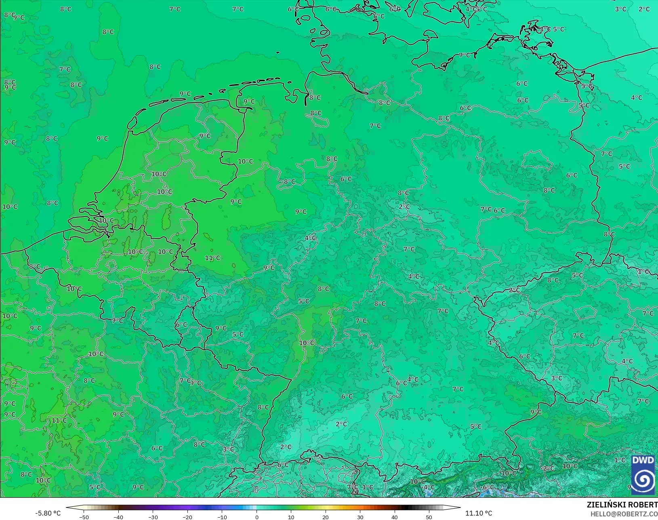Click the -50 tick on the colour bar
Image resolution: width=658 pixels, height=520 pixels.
pos(84,517)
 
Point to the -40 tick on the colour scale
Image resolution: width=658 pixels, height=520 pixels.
pos(118,517)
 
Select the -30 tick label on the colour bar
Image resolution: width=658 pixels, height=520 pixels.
pos(153,517)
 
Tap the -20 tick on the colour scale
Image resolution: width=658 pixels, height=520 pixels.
pos(187,517)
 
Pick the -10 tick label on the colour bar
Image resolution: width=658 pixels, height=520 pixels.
pos(222,517)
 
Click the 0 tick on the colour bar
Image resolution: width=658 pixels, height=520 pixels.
pos(256,517)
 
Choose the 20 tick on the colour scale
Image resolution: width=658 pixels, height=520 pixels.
pos(326,517)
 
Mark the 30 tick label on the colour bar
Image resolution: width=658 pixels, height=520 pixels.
pos(360,517)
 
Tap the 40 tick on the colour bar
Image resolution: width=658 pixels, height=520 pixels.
pos(395,517)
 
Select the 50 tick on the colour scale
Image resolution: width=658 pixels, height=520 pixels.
pos(429,517)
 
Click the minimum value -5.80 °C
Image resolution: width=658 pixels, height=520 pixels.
pos(48,513)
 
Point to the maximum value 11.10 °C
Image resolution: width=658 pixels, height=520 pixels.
pos(479,513)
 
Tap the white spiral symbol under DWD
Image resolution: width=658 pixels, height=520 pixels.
pos(643,480)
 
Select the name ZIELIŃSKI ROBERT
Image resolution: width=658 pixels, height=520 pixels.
pos(622,505)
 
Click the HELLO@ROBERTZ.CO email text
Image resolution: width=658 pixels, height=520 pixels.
pos(624,514)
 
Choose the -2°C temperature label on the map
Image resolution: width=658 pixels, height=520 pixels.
pos(548,468)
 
